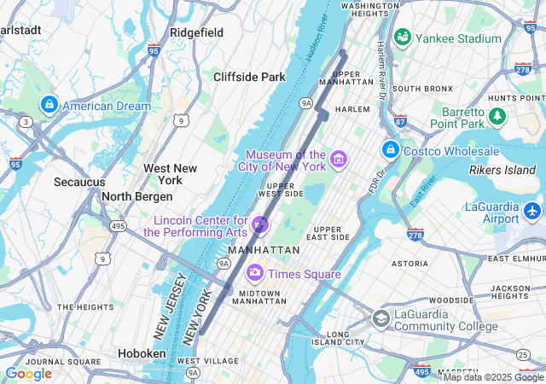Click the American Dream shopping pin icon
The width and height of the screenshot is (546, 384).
click(x=49, y=104)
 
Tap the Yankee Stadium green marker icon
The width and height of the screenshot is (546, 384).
click(x=403, y=38)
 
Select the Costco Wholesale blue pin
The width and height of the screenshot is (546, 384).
click(x=391, y=150)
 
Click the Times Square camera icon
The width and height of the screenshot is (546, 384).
click(x=254, y=273)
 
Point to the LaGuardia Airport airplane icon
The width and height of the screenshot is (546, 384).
click(x=532, y=209)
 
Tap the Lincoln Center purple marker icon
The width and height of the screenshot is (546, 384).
click(x=260, y=225)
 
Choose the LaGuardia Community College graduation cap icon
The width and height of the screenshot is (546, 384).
click(x=380, y=319)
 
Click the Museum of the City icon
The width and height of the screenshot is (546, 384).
click(x=339, y=160)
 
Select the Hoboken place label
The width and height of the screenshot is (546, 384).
click(x=142, y=353)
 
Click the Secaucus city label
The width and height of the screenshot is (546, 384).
click(x=79, y=182)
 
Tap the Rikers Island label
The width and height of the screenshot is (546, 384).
click(x=502, y=170)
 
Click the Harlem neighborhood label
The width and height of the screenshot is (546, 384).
click(x=352, y=109)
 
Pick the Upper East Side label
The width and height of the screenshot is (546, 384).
click(x=331, y=233)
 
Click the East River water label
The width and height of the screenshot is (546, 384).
click(x=418, y=195)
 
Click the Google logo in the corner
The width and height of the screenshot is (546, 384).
click(x=28, y=374)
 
